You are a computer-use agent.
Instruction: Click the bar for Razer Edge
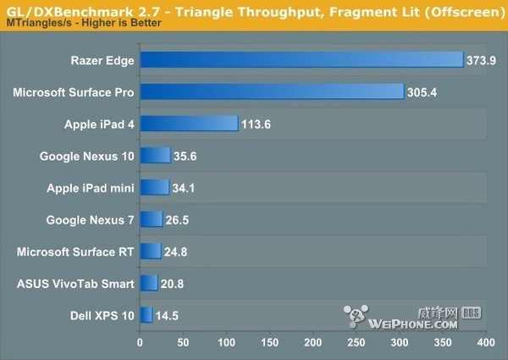click(301, 59)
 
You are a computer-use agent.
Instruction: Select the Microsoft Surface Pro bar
click(271, 91)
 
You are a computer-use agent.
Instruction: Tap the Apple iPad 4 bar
click(189, 124)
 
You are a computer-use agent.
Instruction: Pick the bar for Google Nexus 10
click(155, 155)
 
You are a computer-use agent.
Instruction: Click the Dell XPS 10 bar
click(146, 315)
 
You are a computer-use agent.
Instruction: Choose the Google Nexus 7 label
click(91, 219)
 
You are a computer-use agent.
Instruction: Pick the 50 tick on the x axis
click(184, 344)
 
